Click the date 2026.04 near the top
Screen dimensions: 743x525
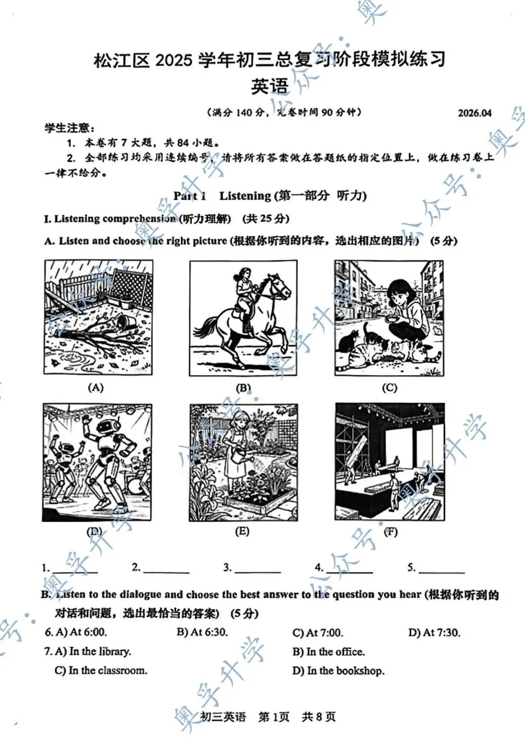click(474, 113)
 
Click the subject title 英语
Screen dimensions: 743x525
click(270, 86)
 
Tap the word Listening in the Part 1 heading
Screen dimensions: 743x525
click(245, 196)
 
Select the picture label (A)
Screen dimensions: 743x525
click(96, 387)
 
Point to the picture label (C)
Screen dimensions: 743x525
click(389, 388)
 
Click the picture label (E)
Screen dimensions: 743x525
click(242, 531)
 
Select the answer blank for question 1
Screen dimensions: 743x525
click(75, 569)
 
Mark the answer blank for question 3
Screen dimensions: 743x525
click(258, 569)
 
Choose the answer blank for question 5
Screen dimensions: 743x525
click(441, 569)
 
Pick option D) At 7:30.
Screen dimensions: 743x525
click(435, 633)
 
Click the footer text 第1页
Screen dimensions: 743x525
click(274, 717)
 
